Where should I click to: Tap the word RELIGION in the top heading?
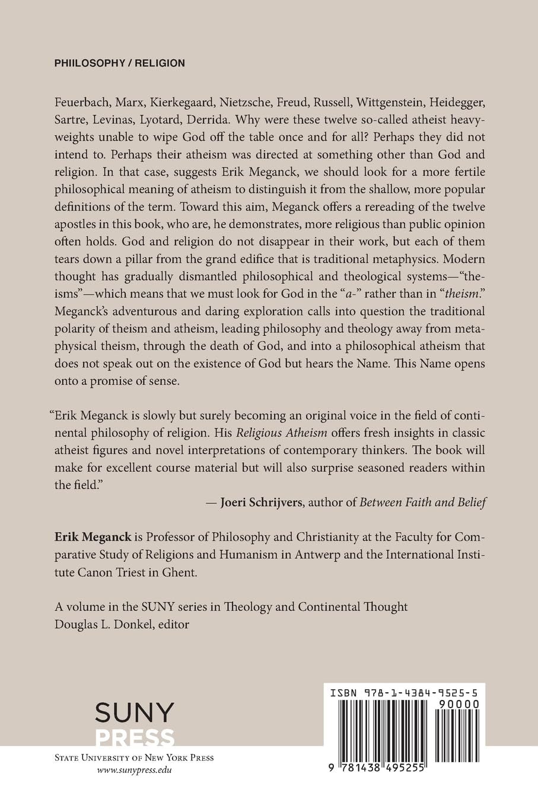tap(160, 63)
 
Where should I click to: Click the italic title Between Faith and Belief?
tap(423, 503)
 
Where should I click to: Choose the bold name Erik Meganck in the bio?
tap(93, 538)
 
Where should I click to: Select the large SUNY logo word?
tap(135, 712)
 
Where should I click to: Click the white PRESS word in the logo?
tap(135, 737)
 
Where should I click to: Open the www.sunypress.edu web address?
tap(133, 770)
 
